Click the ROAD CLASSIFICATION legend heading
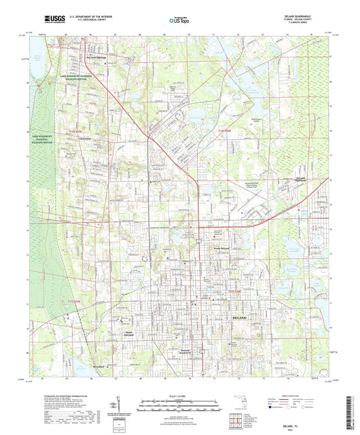pos(292,396)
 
